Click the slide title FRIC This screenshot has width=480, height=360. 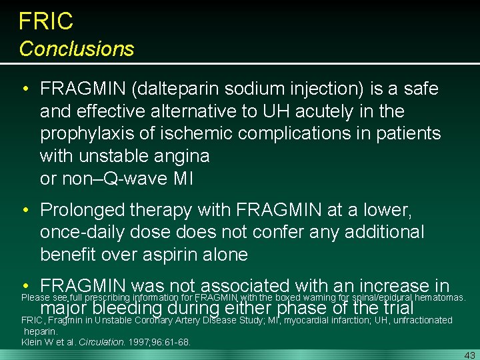pos(46,21)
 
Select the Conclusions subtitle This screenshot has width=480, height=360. pos(77,49)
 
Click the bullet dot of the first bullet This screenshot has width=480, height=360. pos(24,89)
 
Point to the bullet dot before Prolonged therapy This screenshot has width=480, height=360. pos(24,210)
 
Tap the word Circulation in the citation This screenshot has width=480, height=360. pos(103,342)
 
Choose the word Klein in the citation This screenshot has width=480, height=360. pos(33,342)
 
